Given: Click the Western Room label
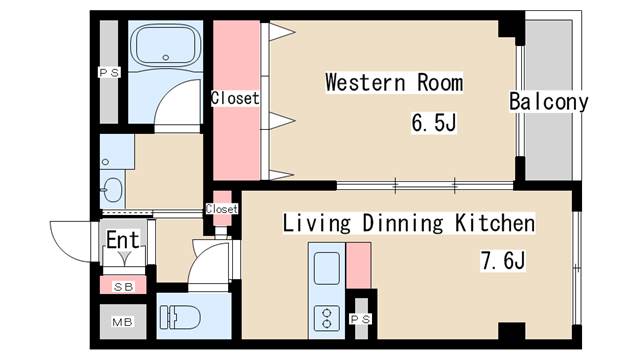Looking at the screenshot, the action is pos(394,82).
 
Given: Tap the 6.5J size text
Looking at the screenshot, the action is pos(433,122).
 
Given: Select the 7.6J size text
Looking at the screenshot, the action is pos(503,260).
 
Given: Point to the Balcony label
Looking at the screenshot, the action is pos(549,101).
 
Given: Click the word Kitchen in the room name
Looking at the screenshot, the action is pos(495,223).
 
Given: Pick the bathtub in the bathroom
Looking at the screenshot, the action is pos(166,47).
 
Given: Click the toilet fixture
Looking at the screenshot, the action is pos(180,317).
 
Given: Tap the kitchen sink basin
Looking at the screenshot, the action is pos(327,268).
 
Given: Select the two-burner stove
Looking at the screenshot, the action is pos(327,318).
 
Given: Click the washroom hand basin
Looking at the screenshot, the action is pos(111,189).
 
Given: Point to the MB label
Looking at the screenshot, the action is pos(122,322).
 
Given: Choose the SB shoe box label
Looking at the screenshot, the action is pos(123,287).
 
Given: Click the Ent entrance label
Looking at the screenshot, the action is pos(123,240).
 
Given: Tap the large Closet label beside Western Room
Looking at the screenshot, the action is pos(235,98).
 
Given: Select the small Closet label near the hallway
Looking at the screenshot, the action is pos(222,209).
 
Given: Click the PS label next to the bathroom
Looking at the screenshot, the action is pos(109,73).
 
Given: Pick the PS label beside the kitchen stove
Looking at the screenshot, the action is pos(361,318).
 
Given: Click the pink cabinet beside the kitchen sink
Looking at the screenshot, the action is pos(358,265).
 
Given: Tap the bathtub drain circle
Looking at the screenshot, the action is pos(165,58).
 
